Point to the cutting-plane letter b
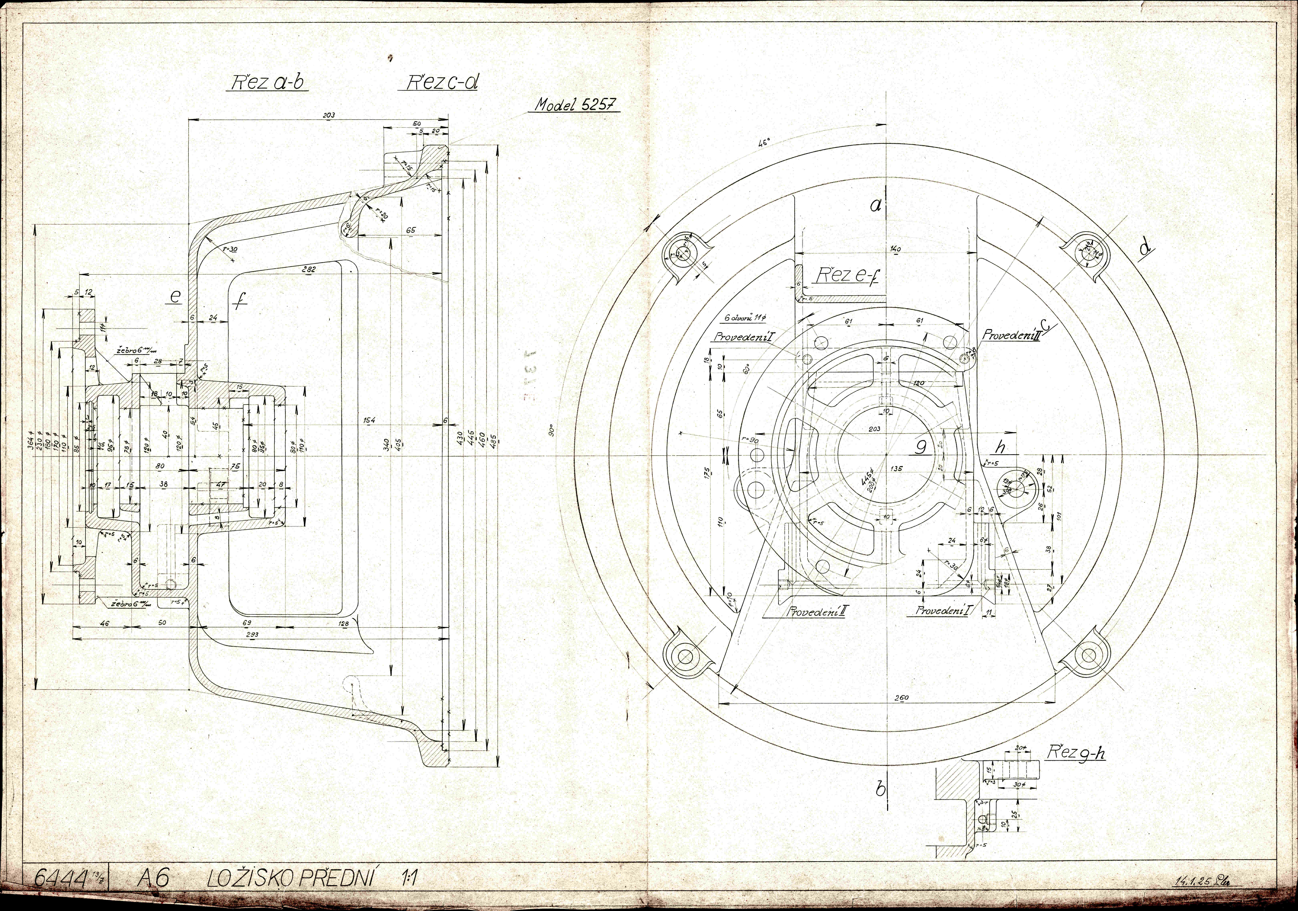pos(880,789)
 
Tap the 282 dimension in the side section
pos(309,270)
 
